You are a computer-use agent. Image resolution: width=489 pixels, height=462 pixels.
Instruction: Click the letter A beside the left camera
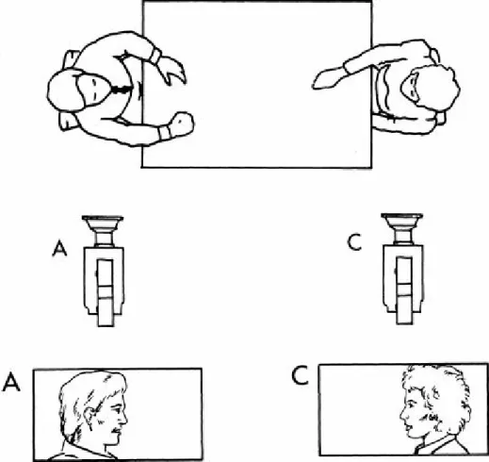(x=59, y=249)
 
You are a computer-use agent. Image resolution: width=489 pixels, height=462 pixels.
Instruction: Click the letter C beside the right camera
(x=355, y=242)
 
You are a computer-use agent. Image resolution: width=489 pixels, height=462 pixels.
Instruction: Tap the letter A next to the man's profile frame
(x=11, y=382)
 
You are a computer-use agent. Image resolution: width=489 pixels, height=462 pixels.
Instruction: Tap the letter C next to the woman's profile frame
(x=301, y=376)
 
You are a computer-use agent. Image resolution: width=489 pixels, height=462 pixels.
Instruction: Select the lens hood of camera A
(x=103, y=223)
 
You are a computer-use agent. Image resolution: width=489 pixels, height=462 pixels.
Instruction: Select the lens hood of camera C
(x=402, y=222)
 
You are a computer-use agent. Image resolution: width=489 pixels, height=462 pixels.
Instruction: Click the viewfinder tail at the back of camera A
(x=106, y=311)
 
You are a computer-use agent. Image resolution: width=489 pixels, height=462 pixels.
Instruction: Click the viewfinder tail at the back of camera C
(x=404, y=308)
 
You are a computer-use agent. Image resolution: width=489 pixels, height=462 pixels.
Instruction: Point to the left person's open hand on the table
(x=172, y=71)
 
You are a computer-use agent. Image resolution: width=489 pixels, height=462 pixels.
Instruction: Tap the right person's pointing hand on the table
(x=328, y=78)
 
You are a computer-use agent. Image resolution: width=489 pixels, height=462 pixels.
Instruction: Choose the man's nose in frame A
(x=123, y=418)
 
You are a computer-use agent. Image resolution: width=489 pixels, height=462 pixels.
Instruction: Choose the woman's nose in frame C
(x=403, y=414)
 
